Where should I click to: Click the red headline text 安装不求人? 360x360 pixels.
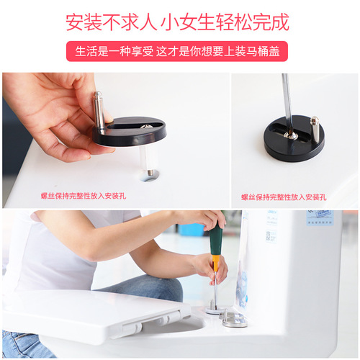click(111, 22)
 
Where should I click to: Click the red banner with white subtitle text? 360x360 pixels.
click(179, 52)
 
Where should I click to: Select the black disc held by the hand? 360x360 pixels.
click(130, 132)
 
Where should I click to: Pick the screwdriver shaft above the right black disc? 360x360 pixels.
click(287, 101)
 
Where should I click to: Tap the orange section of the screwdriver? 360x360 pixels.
click(215, 263)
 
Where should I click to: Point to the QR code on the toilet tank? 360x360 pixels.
click(271, 235)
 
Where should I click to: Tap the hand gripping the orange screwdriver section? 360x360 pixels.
click(209, 268)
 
